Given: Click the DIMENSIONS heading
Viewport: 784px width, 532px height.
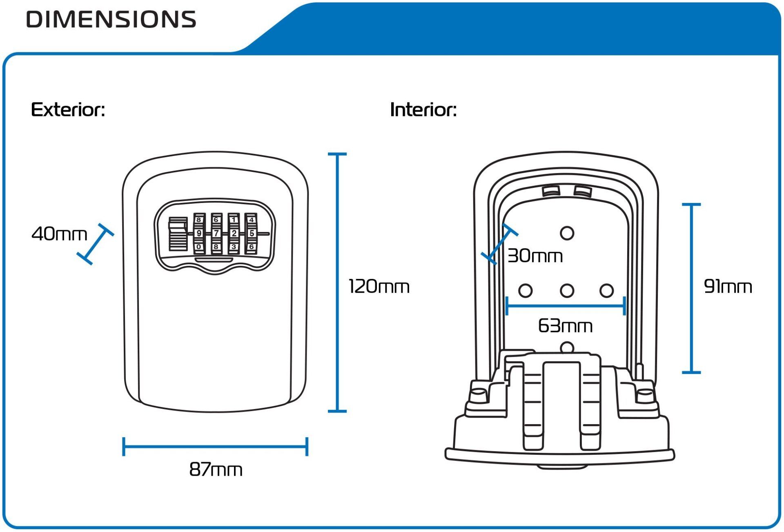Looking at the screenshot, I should [x=111, y=19].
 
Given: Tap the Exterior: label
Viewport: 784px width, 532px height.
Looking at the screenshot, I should [x=68, y=110].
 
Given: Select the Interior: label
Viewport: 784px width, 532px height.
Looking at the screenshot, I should [x=423, y=110].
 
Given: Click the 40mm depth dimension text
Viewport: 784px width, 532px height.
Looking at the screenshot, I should [x=59, y=234].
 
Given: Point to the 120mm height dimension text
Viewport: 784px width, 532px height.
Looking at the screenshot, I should [x=379, y=286].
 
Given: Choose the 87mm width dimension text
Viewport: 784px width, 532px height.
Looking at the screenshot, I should [x=216, y=470].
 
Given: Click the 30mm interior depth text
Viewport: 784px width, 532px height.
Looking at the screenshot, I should [x=535, y=256].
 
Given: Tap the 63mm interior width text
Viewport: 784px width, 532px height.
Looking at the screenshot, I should [x=565, y=326].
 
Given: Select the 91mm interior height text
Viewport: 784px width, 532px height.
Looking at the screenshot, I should [x=728, y=286].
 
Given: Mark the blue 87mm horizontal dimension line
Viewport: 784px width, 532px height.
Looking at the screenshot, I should [x=215, y=447].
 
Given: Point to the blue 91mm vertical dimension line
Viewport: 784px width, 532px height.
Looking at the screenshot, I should [x=691, y=288].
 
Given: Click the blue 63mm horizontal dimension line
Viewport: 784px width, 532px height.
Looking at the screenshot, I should [x=566, y=306].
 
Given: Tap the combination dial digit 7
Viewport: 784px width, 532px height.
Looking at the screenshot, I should [x=216, y=234].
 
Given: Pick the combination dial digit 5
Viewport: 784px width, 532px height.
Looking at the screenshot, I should [x=252, y=234].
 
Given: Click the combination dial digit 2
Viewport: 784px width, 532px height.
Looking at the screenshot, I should [x=234, y=234].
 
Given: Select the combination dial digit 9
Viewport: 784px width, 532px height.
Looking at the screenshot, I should [x=199, y=234].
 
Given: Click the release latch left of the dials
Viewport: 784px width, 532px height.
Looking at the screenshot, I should [x=178, y=234].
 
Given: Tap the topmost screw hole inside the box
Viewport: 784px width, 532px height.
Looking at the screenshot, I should [x=567, y=233].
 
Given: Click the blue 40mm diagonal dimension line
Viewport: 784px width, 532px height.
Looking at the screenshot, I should [x=96, y=244].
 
